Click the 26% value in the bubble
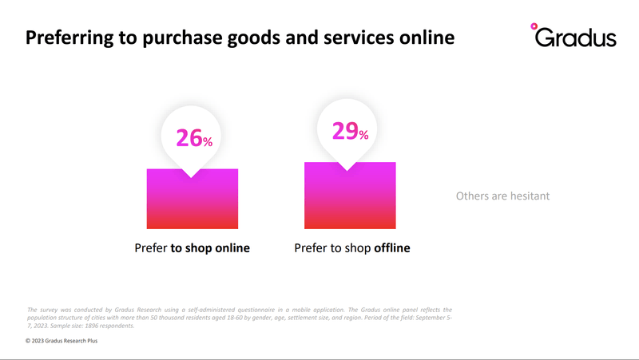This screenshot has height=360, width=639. (194, 137)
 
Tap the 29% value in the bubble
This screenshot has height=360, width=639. (350, 131)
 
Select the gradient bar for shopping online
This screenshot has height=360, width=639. (192, 199)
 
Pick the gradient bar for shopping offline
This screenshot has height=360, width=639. (350, 196)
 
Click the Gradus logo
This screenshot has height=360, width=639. (574, 35)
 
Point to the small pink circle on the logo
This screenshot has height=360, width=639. (534, 26)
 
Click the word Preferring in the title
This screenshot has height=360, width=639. (69, 38)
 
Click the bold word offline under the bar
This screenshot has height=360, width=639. (392, 247)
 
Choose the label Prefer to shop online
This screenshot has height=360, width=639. (192, 248)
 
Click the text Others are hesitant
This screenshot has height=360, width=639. (502, 196)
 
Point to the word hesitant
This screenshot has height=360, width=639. (530, 196)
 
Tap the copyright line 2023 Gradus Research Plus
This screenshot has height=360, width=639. (62, 341)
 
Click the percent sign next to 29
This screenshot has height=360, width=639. (364, 135)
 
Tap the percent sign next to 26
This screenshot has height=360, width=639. (208, 142)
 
